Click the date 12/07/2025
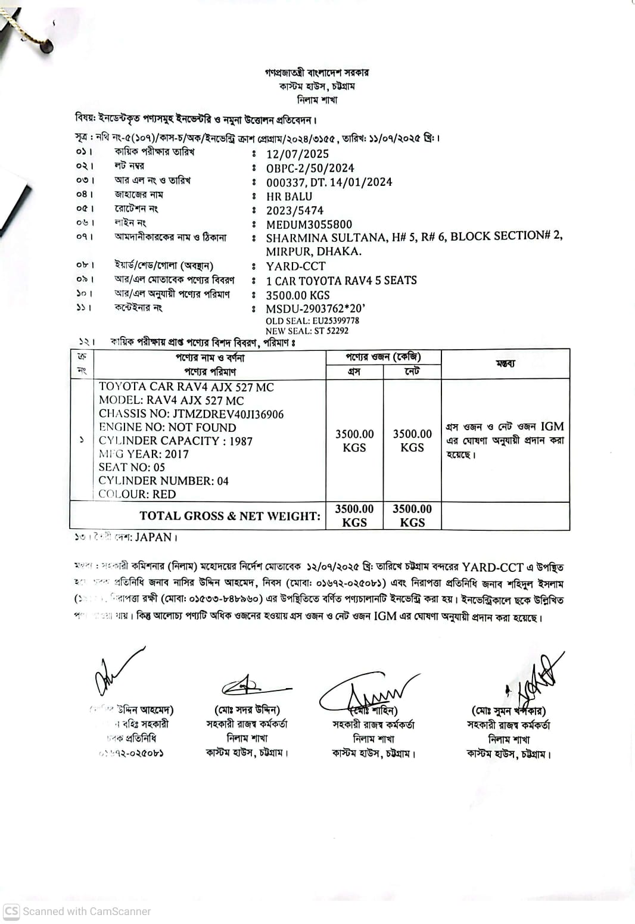tap(297, 154)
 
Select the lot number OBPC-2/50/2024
tap(310, 168)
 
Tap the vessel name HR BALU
tap(289, 197)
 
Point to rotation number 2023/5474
tap(295, 210)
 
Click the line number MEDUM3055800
tap(309, 225)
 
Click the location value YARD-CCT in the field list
tap(295, 266)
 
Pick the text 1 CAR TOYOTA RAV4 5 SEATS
tap(341, 281)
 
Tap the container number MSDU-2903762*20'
tap(315, 309)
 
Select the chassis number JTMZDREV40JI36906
tap(228, 414)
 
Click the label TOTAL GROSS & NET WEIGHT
tap(229, 516)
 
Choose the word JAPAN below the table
tap(153, 537)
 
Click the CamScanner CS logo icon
tap(11, 911)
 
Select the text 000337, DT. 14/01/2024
tap(329, 182)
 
